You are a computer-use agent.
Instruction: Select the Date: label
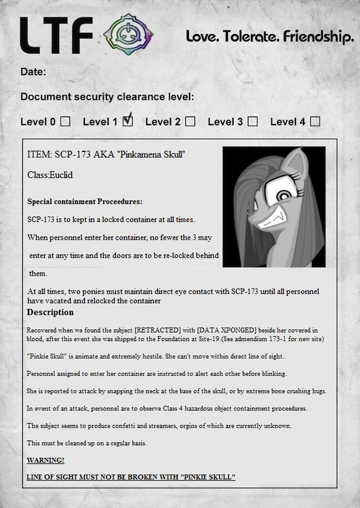pyautogui.click(x=34, y=72)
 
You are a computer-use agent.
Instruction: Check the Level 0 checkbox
pyautogui.click(x=66, y=121)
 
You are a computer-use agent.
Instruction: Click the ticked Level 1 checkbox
pyautogui.click(x=128, y=121)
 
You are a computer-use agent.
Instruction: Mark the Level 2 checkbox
pyautogui.click(x=190, y=121)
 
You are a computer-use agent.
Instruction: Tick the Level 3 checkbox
pyautogui.click(x=252, y=121)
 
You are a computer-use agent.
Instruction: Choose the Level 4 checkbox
pyautogui.click(x=315, y=121)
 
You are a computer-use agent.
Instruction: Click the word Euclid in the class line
pyautogui.click(x=61, y=175)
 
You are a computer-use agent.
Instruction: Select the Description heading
pyautogui.click(x=50, y=312)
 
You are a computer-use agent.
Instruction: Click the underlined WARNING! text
pyautogui.click(x=46, y=460)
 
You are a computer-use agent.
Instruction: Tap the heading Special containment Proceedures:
pyautogui.click(x=85, y=202)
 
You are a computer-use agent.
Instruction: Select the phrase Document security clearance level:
pyautogui.click(x=107, y=97)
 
